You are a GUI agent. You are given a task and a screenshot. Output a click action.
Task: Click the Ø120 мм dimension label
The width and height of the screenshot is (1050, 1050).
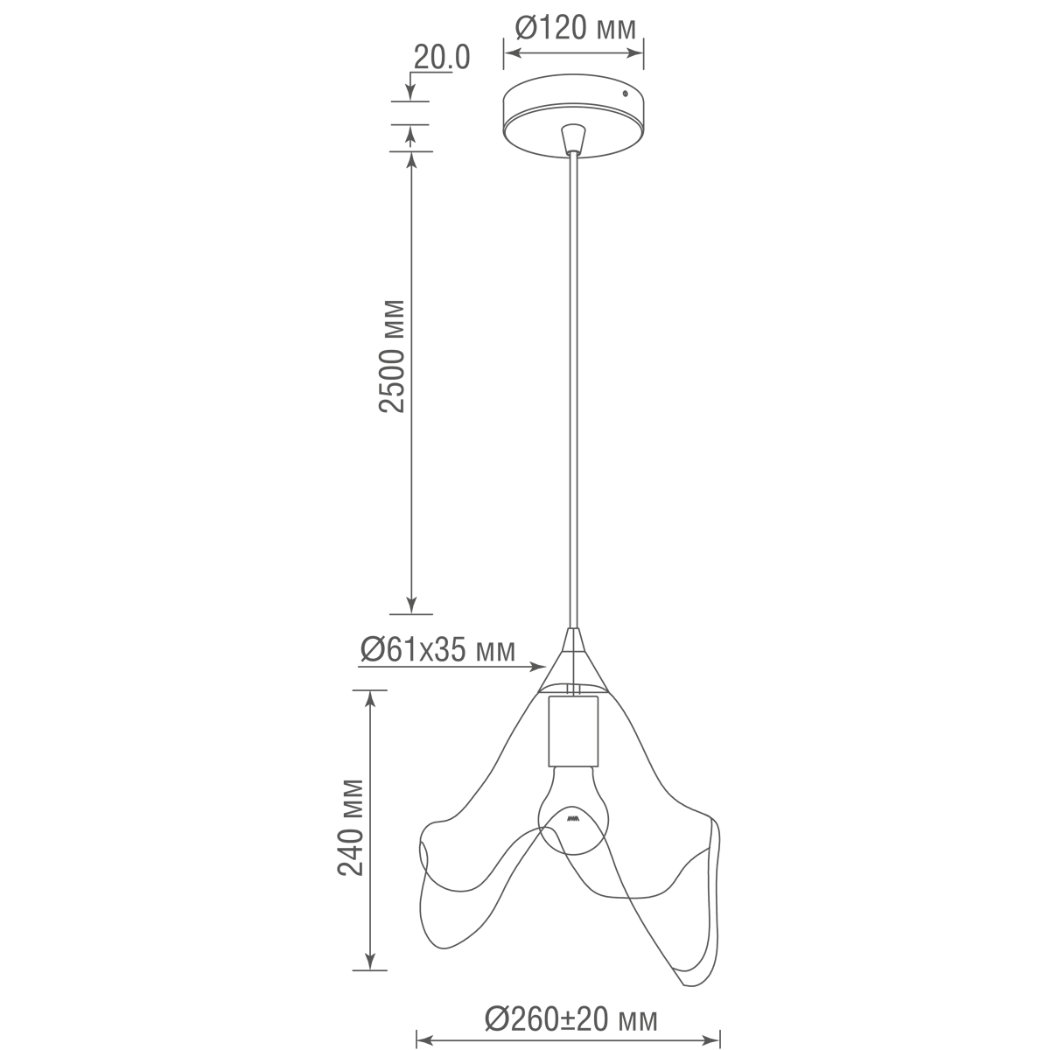[x=574, y=30]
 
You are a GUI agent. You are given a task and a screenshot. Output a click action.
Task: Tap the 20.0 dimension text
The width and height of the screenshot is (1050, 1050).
[x=442, y=58]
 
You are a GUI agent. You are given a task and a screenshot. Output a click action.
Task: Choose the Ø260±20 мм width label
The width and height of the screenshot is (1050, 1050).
[x=570, y=1018]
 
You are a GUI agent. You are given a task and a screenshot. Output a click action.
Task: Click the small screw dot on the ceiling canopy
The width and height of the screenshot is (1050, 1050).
[x=625, y=93]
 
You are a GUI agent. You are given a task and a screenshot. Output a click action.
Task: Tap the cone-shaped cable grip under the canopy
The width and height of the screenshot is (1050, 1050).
[x=573, y=138]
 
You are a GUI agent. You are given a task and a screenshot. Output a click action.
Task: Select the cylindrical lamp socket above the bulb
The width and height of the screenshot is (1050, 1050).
[x=573, y=730]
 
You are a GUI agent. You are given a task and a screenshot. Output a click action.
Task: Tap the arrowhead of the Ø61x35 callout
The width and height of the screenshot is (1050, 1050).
[x=541, y=668]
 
